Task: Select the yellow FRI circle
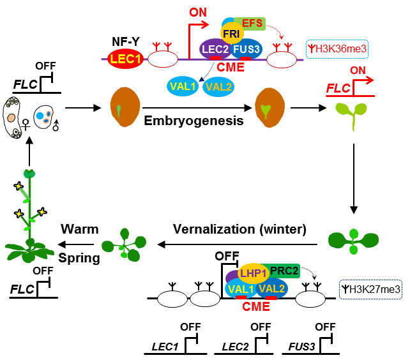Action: coord(231,32)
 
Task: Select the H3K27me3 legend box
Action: coord(371,290)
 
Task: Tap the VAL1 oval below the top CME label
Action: coord(185,86)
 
